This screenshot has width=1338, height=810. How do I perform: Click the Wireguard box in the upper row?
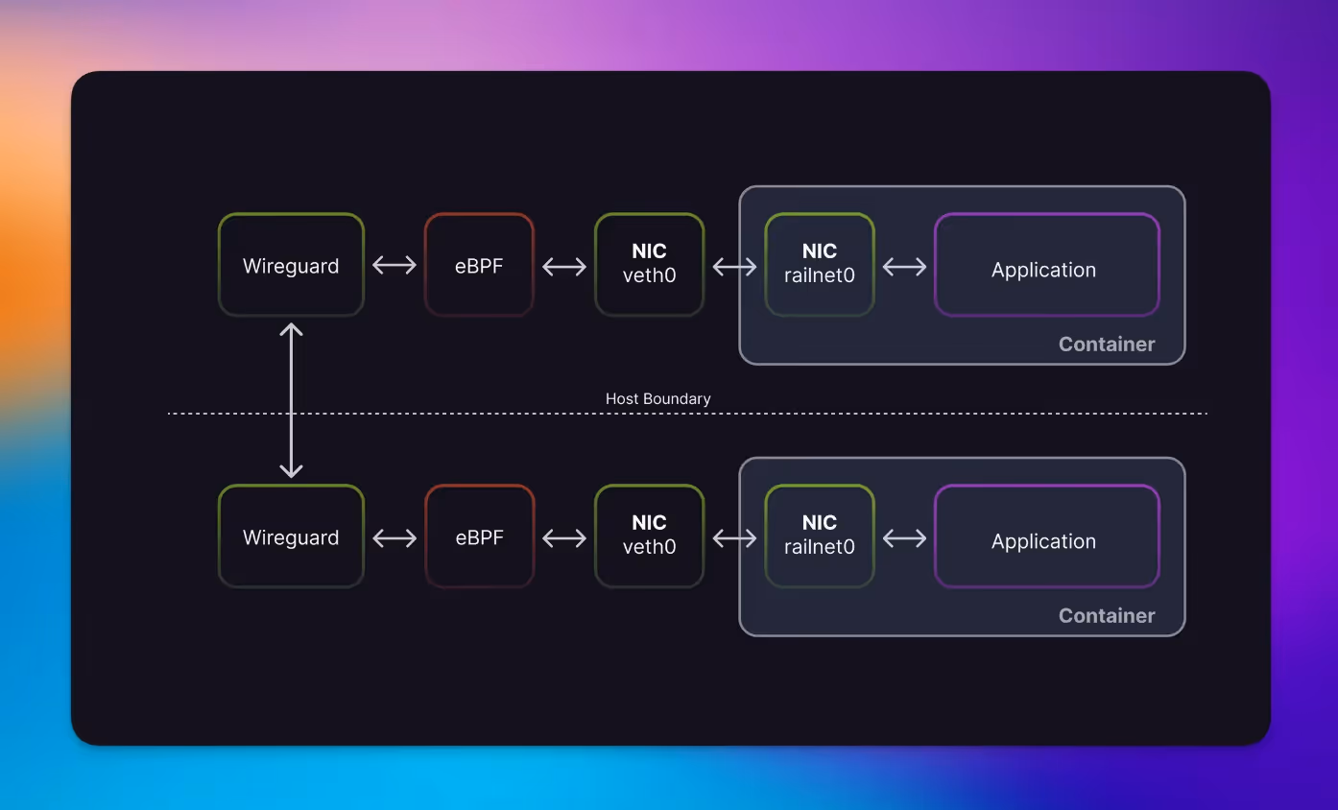tap(291, 265)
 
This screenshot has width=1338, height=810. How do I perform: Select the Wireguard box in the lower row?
tap(291, 536)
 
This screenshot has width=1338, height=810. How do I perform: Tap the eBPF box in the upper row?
tap(479, 265)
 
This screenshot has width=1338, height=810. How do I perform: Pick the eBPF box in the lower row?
tap(479, 536)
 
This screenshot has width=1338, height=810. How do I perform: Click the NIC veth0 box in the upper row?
tap(649, 265)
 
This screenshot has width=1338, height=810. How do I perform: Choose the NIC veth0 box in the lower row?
tap(649, 536)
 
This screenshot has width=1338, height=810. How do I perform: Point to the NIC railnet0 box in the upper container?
tap(820, 265)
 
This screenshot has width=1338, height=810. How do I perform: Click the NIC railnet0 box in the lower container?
tap(820, 536)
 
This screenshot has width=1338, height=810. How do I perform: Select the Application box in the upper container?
tap(1047, 265)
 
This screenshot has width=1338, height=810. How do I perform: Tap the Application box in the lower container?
tap(1047, 536)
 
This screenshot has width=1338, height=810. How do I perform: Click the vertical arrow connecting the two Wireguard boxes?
tap(291, 400)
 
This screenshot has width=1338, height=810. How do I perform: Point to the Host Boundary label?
tap(657, 398)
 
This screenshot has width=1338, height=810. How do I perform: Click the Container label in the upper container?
tap(1107, 345)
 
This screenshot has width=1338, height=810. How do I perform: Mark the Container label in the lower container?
tap(1107, 615)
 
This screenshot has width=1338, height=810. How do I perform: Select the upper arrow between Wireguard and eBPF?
tap(394, 265)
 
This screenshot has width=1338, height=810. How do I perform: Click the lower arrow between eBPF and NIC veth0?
tap(564, 538)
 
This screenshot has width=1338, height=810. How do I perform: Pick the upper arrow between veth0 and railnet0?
tap(734, 267)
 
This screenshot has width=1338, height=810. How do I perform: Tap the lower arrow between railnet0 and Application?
tap(904, 538)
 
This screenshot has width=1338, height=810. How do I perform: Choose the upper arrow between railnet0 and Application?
tap(904, 267)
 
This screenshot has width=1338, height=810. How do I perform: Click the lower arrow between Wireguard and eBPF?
tap(394, 538)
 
